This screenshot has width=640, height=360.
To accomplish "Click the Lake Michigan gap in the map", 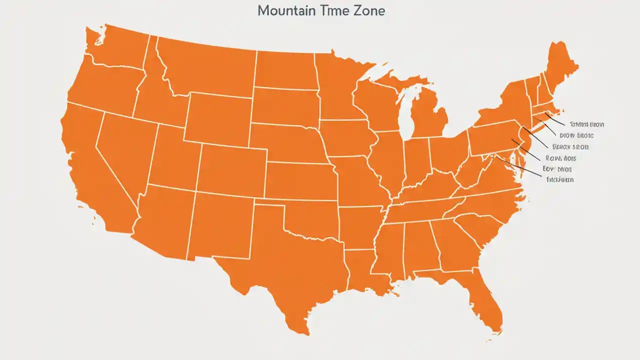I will (x=407, y=115).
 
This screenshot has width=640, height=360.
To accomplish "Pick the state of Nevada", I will (x=127, y=150).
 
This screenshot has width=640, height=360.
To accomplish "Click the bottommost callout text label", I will (x=559, y=179).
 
